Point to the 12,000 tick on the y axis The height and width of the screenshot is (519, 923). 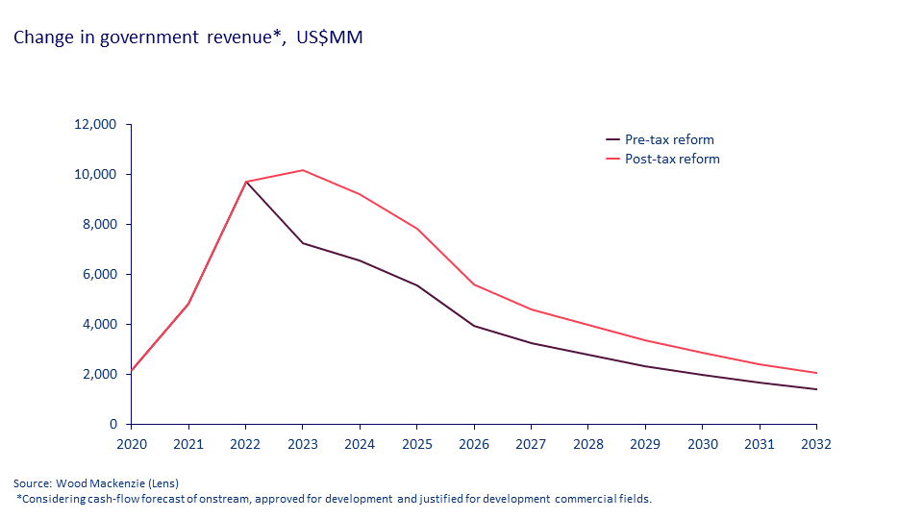click(95, 124)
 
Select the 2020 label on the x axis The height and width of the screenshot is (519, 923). click(131, 444)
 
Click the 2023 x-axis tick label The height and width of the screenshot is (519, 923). click(302, 444)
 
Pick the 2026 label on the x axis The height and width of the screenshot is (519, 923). click(474, 444)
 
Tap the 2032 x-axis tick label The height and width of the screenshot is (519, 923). click(816, 444)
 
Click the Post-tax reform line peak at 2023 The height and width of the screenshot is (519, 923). click(302, 170)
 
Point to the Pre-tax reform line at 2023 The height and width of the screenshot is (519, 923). click(302, 243)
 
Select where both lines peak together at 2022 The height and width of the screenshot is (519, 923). click(245, 182)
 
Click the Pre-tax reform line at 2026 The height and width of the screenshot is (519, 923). click(474, 326)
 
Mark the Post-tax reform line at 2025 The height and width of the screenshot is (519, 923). click(416, 229)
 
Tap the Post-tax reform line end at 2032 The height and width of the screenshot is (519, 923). click(816, 373)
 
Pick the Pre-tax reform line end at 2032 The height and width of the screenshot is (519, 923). click(816, 389)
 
